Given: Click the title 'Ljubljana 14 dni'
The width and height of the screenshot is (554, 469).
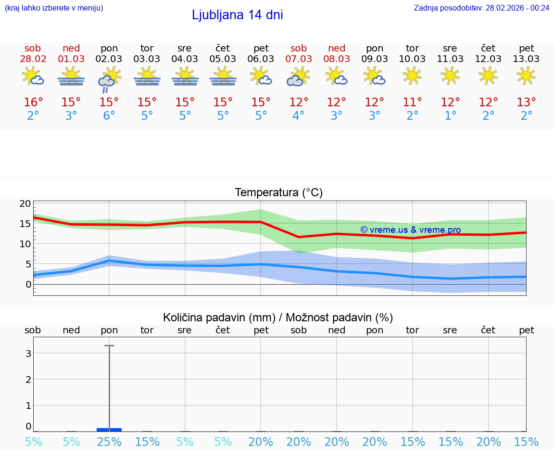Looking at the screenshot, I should click(237, 15).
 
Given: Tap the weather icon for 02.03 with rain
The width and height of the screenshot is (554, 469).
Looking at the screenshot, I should click(109, 79).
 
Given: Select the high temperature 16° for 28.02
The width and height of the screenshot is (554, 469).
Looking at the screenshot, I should click(33, 102).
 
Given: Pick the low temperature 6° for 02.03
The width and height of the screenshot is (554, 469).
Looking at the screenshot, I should click(109, 116).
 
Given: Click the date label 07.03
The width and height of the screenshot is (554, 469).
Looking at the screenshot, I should click(299, 59).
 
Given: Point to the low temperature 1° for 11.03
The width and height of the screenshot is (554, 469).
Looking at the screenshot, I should click(451, 116).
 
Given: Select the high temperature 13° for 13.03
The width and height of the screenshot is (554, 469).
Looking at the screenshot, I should click(527, 102).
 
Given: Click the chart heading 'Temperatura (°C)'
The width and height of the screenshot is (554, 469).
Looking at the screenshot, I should click(278, 193).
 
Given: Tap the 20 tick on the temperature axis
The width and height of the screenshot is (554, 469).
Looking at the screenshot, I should click(25, 203).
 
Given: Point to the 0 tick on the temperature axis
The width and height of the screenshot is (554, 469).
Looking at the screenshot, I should click(28, 284).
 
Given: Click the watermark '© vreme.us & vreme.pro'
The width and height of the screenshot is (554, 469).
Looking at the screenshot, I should click(410, 230).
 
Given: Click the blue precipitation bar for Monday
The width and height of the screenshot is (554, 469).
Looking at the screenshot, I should click(109, 430).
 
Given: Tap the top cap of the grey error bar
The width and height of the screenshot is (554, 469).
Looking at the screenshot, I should click(109, 345).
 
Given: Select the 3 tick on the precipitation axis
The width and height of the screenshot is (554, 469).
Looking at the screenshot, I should click(28, 354).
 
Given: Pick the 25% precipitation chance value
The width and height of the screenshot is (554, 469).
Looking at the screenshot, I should click(109, 442).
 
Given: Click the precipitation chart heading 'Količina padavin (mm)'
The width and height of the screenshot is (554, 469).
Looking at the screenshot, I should click(219, 317).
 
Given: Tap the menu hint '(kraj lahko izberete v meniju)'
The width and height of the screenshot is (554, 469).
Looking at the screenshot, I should click(53, 8).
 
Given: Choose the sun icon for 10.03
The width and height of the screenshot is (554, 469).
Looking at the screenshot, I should click(413, 76).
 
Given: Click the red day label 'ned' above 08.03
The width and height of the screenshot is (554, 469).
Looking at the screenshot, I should click(337, 49).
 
